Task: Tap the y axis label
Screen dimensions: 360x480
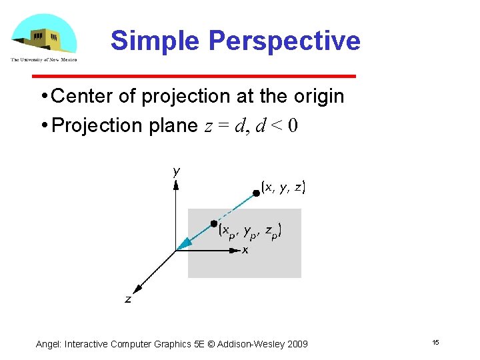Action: point(176,171)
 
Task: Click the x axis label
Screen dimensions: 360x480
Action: point(245,251)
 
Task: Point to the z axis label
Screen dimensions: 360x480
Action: point(128,300)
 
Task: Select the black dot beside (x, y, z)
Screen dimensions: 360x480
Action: point(255,193)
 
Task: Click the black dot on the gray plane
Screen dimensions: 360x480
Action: point(213,223)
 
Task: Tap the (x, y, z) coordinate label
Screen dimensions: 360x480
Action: point(283,187)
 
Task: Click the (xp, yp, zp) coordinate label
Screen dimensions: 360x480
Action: point(251,231)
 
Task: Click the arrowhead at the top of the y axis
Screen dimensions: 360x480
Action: point(175,187)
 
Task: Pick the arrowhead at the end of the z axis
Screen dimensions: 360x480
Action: point(137,289)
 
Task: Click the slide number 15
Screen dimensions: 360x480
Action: point(435,343)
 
